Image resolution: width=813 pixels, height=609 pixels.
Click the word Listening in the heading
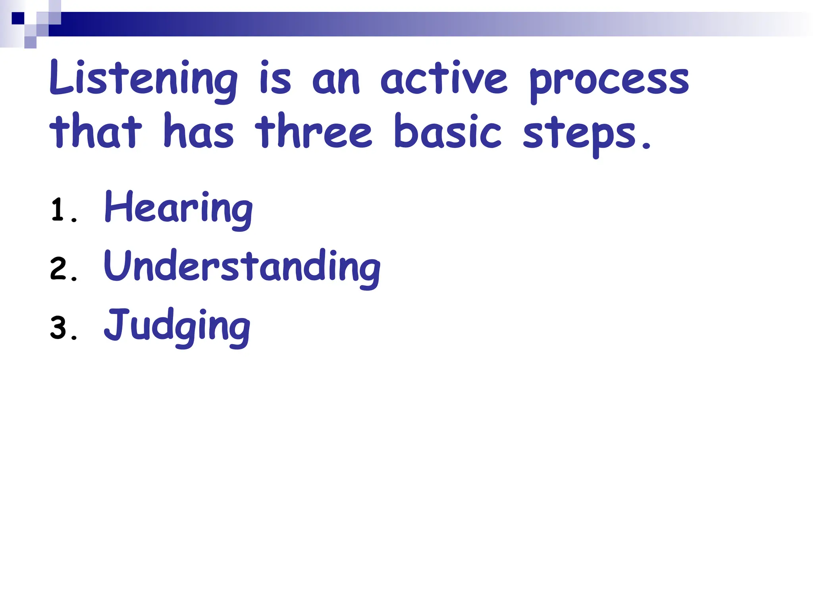coord(143,79)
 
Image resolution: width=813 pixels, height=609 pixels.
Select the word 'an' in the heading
coord(336,81)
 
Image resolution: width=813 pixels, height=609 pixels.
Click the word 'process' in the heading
coord(609,82)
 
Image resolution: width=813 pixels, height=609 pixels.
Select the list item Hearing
coord(178,209)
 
